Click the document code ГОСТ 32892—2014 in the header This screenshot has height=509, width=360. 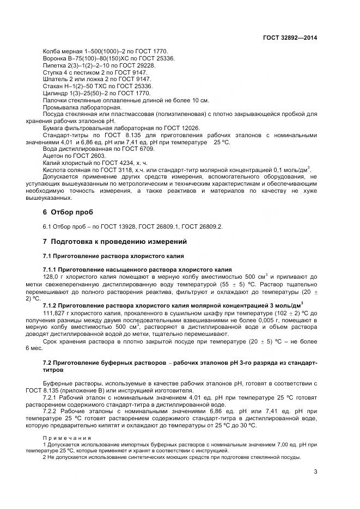pyautogui.click(x=290, y=38)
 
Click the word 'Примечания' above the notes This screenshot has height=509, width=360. pyautogui.click(x=67, y=437)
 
